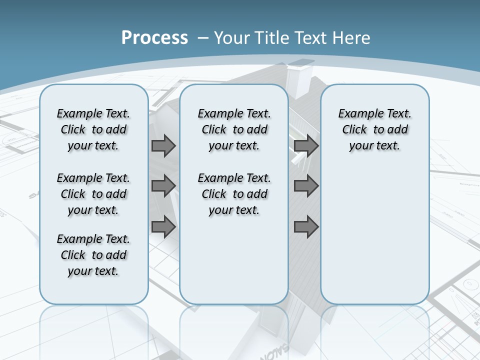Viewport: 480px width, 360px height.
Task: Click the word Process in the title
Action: pos(154,37)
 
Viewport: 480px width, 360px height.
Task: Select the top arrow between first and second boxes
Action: pos(163,146)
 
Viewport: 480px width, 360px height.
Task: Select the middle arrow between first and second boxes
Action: pos(163,186)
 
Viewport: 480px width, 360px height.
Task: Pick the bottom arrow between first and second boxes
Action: pos(163,227)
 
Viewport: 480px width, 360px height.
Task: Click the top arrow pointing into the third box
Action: pos(306,146)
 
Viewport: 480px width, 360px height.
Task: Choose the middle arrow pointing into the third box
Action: pos(306,186)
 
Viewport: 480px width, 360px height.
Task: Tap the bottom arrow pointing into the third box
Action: pos(306,227)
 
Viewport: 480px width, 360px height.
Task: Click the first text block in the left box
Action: pos(93,129)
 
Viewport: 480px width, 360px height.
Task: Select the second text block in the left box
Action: pos(93,194)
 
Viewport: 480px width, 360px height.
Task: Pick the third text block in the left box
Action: pos(93,255)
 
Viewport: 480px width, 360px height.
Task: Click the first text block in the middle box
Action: pos(234,129)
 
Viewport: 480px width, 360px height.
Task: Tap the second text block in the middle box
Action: pos(234,194)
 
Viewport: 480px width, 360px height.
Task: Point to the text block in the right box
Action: pos(374,129)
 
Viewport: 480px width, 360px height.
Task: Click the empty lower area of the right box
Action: pos(374,240)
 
